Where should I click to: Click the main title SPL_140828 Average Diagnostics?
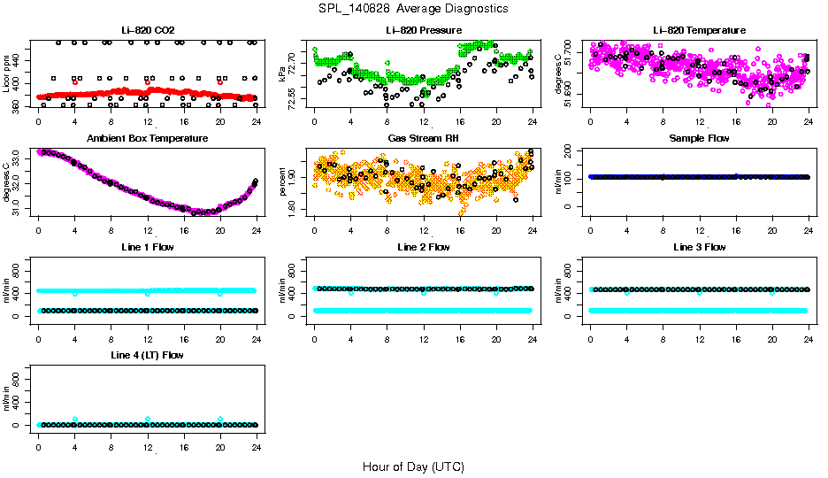414,8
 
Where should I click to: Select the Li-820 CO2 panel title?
148,31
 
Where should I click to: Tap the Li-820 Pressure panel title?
424,31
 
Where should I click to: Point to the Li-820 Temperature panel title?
699,31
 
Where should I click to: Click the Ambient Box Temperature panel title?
148,139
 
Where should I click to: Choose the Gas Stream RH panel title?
424,139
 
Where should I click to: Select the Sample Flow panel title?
699,139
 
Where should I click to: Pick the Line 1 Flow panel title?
148,247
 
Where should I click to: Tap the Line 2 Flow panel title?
424,247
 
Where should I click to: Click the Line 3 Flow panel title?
699,247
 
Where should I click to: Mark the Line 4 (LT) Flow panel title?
148,355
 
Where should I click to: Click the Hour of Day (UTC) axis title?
413,466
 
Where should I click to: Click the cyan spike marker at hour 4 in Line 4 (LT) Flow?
75,420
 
